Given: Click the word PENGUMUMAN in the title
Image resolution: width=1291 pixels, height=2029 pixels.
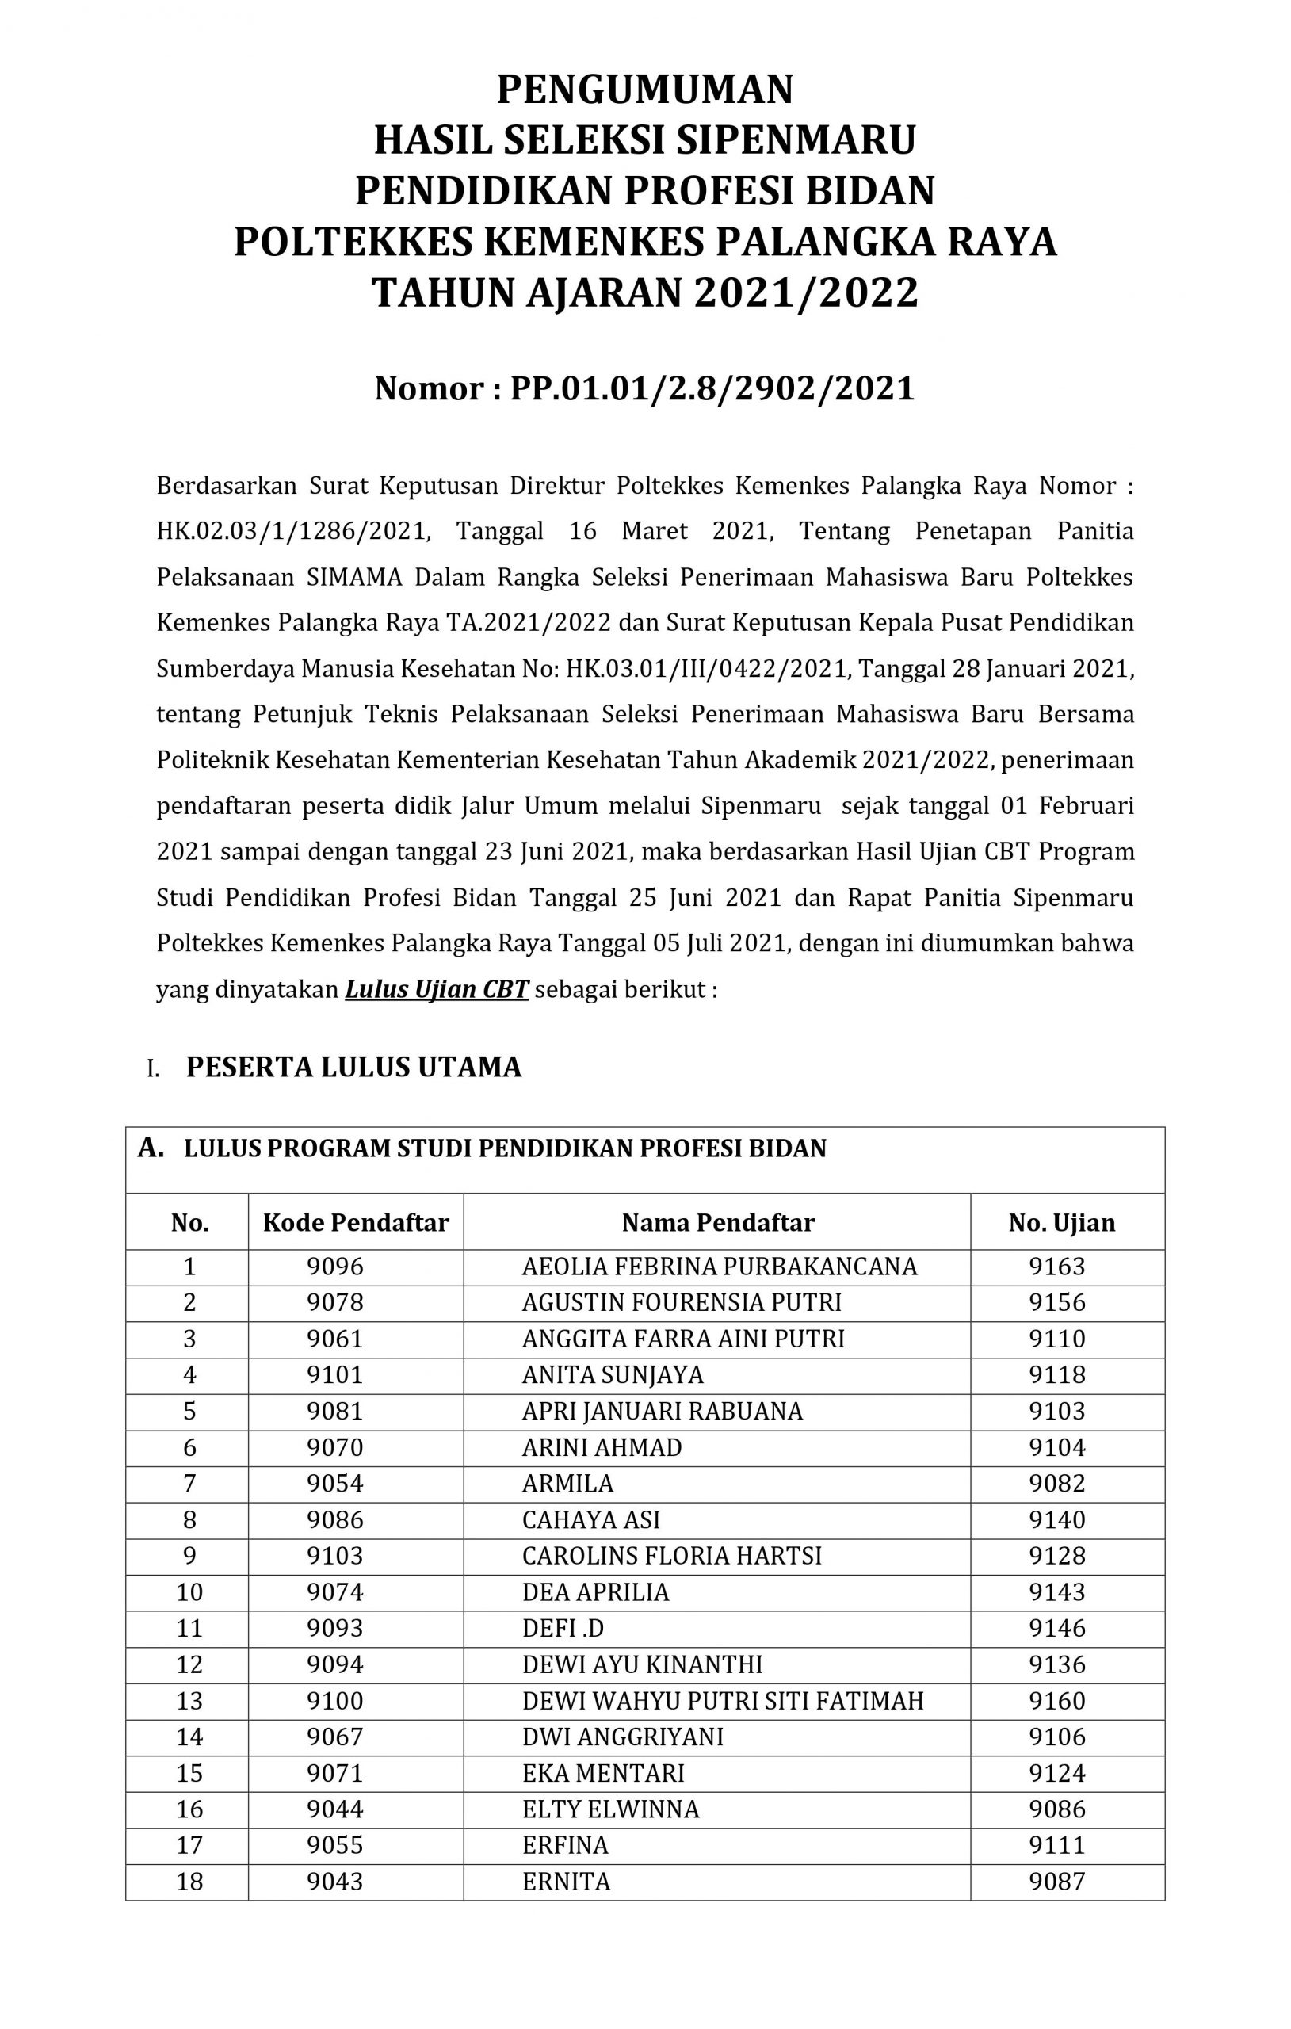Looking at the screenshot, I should [644, 90].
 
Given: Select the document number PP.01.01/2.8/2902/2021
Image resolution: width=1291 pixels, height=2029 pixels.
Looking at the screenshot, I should [712, 388].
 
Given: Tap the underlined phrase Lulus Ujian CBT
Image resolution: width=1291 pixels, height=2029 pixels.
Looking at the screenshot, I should [436, 989].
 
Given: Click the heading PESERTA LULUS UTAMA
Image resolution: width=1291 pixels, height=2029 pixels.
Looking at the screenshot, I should [354, 1067].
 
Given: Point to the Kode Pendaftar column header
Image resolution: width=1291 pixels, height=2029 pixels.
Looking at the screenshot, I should [356, 1223].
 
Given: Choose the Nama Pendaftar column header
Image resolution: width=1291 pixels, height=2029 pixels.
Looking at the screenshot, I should [718, 1223].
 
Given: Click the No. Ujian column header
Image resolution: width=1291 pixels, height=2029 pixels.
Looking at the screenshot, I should [1061, 1223].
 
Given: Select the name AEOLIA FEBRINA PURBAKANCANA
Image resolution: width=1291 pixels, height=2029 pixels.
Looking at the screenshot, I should [719, 1267].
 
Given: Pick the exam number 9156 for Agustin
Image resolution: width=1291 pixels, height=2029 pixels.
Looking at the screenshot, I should [1056, 1303].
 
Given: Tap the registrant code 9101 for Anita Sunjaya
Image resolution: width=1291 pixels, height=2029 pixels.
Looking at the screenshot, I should [334, 1375].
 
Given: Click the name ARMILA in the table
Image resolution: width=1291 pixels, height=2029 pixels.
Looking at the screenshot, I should [567, 1483].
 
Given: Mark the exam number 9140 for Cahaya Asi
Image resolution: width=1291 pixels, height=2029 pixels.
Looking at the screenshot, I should [1056, 1519].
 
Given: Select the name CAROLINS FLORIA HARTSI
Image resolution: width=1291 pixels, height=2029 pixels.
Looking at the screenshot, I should [671, 1556].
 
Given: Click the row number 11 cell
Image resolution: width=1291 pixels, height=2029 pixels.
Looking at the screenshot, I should [189, 1628].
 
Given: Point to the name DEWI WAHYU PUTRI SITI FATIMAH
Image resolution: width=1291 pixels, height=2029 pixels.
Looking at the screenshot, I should [722, 1700].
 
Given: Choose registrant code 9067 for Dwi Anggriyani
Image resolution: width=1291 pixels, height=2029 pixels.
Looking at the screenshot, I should [334, 1737].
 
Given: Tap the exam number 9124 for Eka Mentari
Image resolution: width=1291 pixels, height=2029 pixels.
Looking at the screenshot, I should [1056, 1773].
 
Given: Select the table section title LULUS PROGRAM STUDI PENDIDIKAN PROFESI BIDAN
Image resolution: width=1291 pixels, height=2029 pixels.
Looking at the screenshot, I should [505, 1148].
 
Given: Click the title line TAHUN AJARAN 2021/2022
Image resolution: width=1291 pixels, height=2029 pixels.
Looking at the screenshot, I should [644, 293].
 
